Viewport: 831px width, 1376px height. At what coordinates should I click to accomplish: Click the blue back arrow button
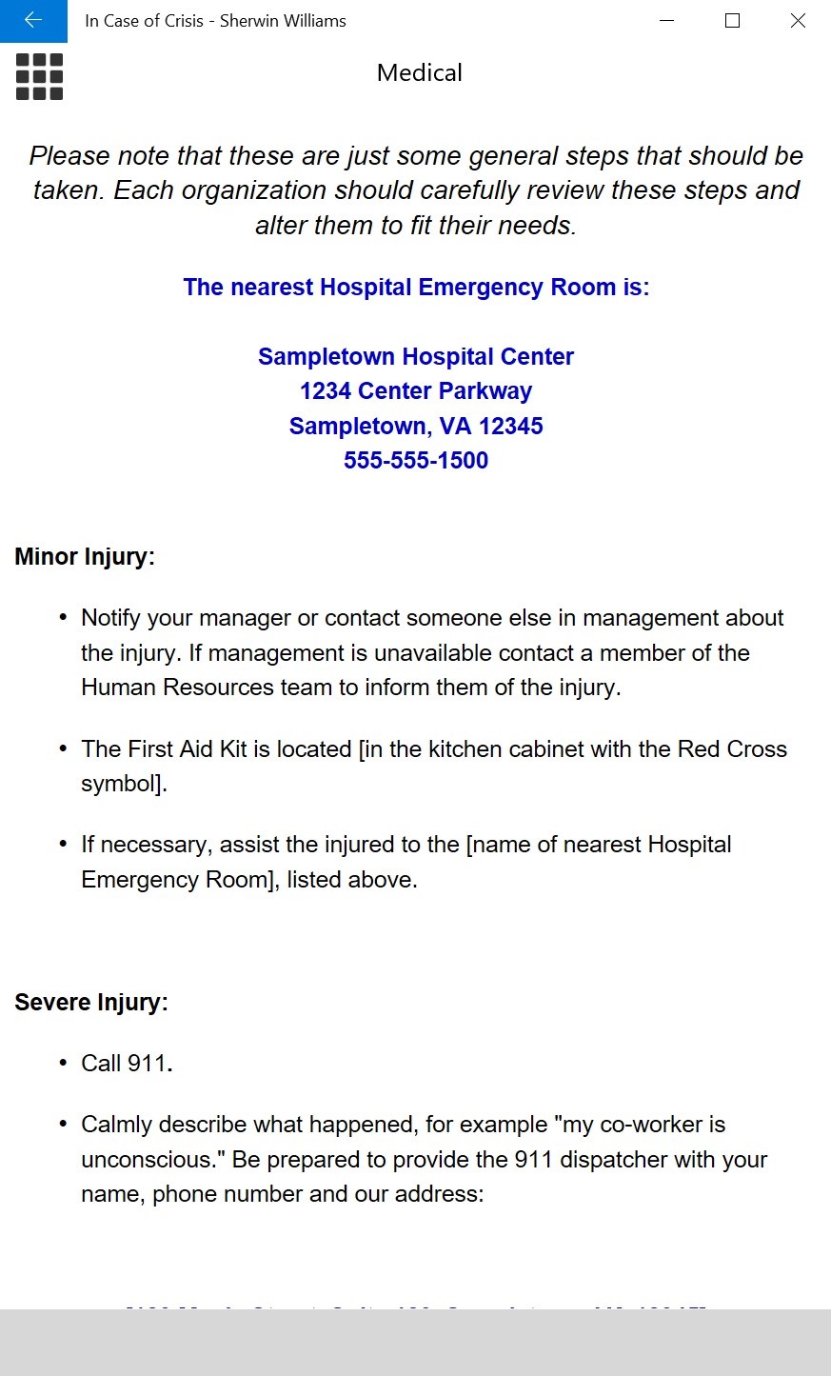[33, 21]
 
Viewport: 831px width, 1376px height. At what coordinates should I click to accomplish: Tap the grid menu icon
[39, 76]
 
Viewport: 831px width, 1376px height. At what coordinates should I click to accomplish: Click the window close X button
[798, 21]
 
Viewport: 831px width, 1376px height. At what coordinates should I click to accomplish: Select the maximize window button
[732, 21]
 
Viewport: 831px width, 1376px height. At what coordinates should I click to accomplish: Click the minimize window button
[667, 21]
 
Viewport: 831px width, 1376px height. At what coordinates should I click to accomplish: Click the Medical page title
[419, 72]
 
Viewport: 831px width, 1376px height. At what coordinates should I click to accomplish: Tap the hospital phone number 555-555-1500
[416, 461]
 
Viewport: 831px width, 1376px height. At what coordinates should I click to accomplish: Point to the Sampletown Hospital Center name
[416, 357]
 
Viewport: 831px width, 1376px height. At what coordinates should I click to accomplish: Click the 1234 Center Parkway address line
[416, 391]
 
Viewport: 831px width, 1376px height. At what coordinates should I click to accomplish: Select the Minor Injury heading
[85, 557]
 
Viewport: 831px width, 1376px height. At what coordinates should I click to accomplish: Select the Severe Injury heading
[91, 1003]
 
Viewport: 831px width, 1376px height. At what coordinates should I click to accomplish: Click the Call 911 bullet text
[126, 1064]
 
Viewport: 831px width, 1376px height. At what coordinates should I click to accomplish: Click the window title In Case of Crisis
[144, 21]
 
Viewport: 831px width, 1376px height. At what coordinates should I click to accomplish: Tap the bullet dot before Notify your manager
[63, 618]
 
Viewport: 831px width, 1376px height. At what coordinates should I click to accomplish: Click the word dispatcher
[611, 1160]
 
